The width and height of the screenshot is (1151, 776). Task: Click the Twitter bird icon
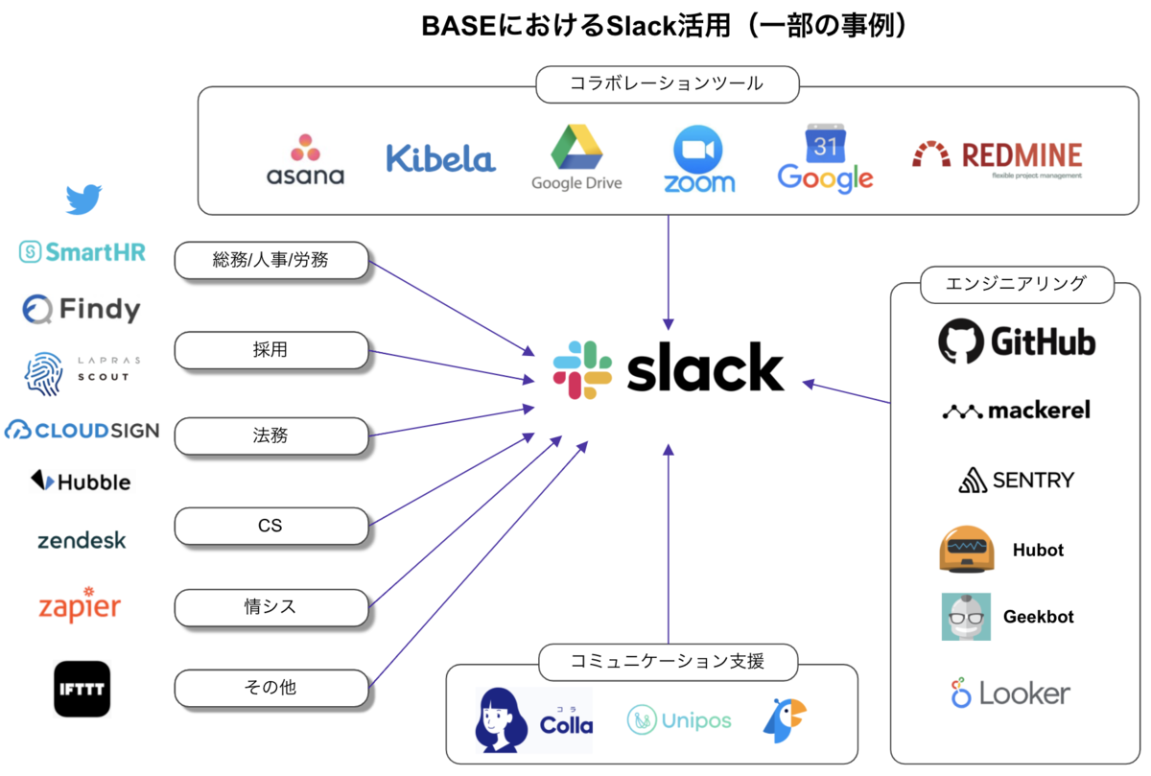(83, 200)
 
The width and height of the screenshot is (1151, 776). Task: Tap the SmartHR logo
(82, 252)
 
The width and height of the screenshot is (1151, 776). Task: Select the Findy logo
(82, 309)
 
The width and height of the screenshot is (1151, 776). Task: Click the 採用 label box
(271, 351)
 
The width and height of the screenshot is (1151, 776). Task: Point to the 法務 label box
(271, 436)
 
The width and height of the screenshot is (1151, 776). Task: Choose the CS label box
(271, 526)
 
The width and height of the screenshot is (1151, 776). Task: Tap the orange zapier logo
(80, 605)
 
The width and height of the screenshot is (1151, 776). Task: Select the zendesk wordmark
(82, 540)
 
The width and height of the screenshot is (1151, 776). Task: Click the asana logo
(305, 160)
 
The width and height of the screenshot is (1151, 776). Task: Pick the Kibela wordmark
(440, 158)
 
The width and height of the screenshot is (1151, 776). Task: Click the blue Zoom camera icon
(699, 149)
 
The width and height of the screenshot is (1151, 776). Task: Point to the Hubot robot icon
(967, 550)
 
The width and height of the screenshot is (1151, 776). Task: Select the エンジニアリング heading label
(1002, 284)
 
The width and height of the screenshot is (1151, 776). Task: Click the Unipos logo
(679, 720)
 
